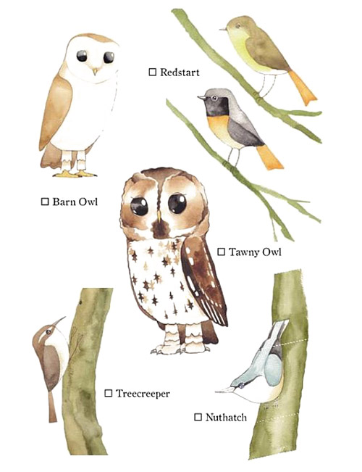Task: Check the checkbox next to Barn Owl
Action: (45, 202)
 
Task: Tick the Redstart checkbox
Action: (153, 72)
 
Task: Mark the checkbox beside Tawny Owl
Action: (221, 252)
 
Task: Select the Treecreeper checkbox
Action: (109, 393)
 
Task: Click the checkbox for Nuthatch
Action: (198, 417)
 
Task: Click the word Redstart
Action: (180, 73)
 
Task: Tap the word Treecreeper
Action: (143, 394)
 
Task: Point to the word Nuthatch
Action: (226, 417)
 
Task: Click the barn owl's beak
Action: (95, 71)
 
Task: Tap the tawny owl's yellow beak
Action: (159, 216)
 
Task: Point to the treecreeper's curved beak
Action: (59, 321)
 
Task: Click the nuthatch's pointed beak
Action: (224, 390)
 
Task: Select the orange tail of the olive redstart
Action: (302, 88)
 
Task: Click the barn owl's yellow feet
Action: (75, 174)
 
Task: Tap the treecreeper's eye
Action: (49, 332)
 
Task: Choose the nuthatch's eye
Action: (241, 385)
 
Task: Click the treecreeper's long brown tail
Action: (52, 406)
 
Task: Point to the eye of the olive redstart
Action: (237, 25)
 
